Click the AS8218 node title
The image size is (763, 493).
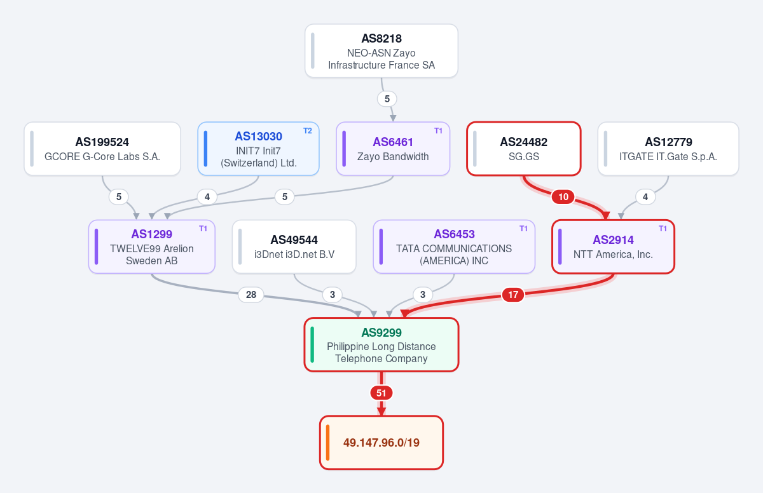381,39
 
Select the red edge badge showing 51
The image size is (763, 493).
381,393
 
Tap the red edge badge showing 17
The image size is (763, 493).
513,295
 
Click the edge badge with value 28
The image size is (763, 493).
251,295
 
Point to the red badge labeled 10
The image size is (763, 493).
563,197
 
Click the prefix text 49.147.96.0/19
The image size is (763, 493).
381,443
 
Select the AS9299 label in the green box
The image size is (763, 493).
381,332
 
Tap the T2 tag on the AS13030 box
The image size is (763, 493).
308,131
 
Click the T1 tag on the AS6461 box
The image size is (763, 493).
438,131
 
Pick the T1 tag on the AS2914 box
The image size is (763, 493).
663,229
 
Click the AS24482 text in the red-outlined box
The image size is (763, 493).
523,142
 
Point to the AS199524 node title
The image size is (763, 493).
102,142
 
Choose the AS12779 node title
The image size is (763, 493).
668,142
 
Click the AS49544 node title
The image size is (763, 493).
294,240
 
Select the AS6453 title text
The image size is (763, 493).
454,234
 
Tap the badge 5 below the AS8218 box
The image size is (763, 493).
387,99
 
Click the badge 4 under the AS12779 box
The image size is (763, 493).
645,197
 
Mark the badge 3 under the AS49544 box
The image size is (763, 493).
333,295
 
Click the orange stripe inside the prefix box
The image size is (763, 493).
327,442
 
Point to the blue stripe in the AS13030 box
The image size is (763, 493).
206,149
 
